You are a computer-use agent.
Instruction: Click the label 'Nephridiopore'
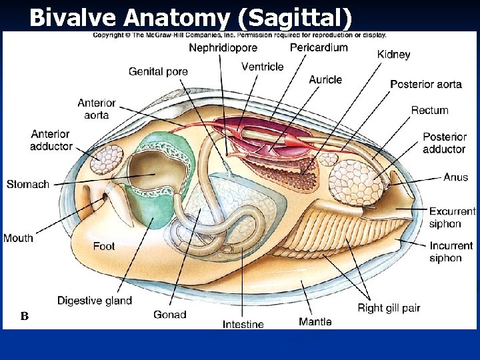223,48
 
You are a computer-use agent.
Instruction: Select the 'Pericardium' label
319,47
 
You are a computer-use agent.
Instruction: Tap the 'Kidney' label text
393,55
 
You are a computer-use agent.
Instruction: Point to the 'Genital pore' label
158,71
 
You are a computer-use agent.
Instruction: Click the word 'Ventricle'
262,67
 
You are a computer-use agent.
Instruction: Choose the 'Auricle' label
325,80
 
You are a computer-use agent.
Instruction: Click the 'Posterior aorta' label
425,84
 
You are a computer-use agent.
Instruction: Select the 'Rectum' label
429,110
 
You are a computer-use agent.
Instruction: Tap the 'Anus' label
455,177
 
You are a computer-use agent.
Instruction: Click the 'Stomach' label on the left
28,184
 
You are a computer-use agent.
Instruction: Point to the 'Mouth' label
18,238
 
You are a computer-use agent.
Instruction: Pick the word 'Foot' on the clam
104,246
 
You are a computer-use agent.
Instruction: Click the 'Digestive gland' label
95,301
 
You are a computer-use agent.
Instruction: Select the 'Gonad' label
169,315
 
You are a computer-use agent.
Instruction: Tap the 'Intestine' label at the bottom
243,325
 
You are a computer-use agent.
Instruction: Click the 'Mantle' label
315,322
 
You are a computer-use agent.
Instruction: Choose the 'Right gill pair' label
389,308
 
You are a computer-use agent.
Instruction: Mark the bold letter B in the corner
24,316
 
